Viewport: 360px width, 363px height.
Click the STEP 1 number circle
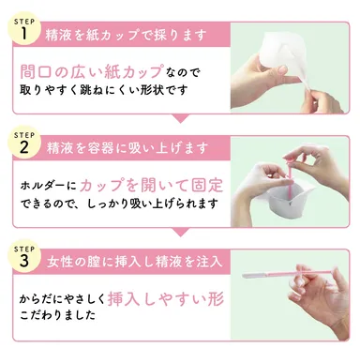click(x=25, y=31)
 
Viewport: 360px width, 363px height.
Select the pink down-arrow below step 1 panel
click(x=179, y=118)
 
